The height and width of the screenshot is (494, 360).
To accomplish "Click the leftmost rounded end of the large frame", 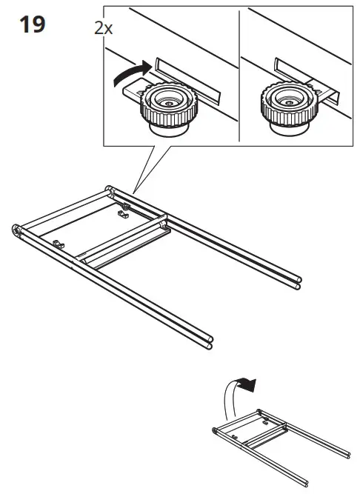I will (16, 232).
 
